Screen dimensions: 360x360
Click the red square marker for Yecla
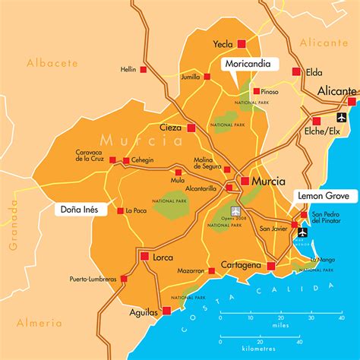coord(242,44)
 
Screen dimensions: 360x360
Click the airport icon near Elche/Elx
coord(339,117)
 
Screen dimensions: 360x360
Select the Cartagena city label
coord(241,265)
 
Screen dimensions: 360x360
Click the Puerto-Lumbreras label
coord(93,279)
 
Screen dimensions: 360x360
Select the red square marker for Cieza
coord(192,128)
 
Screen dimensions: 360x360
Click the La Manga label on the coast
coord(322,260)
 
